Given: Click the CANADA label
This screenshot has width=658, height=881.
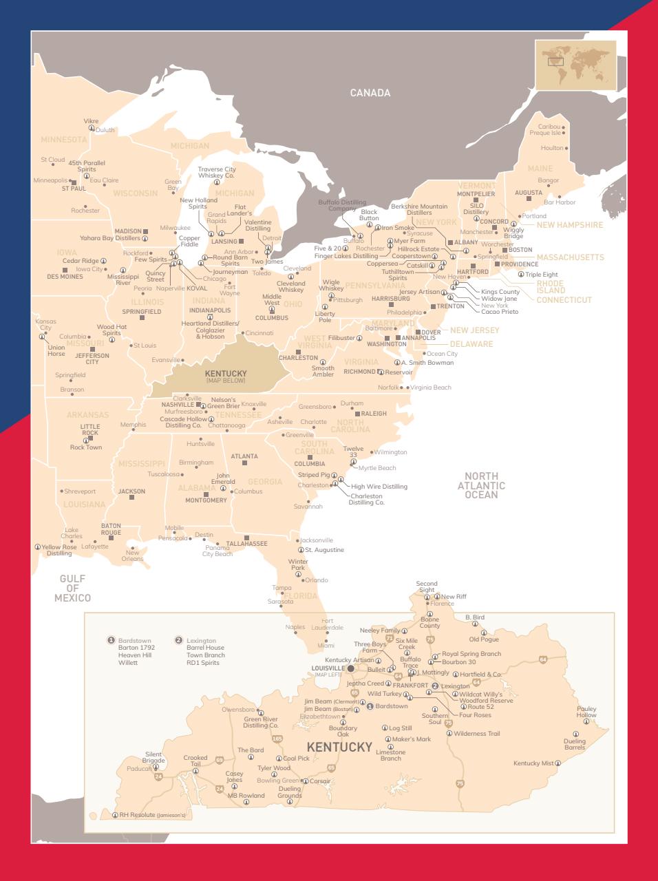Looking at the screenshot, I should pos(370,93).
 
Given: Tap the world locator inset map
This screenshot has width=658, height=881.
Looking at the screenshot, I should pos(575,65).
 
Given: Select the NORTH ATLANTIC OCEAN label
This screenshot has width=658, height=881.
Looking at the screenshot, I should pos(481,485).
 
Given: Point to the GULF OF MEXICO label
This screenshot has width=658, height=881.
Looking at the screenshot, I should pos(72,588).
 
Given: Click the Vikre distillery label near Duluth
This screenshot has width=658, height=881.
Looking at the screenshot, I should pos(91,121).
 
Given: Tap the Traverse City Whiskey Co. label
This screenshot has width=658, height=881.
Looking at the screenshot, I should pos(216,172).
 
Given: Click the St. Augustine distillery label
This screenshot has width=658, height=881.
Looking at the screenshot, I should pos(323,550).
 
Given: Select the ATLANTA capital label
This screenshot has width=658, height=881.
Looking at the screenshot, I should pos(244,456).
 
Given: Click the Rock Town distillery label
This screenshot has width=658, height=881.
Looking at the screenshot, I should pos(85,447).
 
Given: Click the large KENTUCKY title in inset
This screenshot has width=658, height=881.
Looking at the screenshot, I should pos(339,747).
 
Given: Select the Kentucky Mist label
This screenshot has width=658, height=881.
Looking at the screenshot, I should pos(533,763).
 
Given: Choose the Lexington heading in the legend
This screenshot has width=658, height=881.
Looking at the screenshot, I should pos(200,641).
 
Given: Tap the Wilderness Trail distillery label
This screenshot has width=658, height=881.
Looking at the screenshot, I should pos(476,734).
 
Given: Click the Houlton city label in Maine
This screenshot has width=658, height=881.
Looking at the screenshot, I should pos(551,148).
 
